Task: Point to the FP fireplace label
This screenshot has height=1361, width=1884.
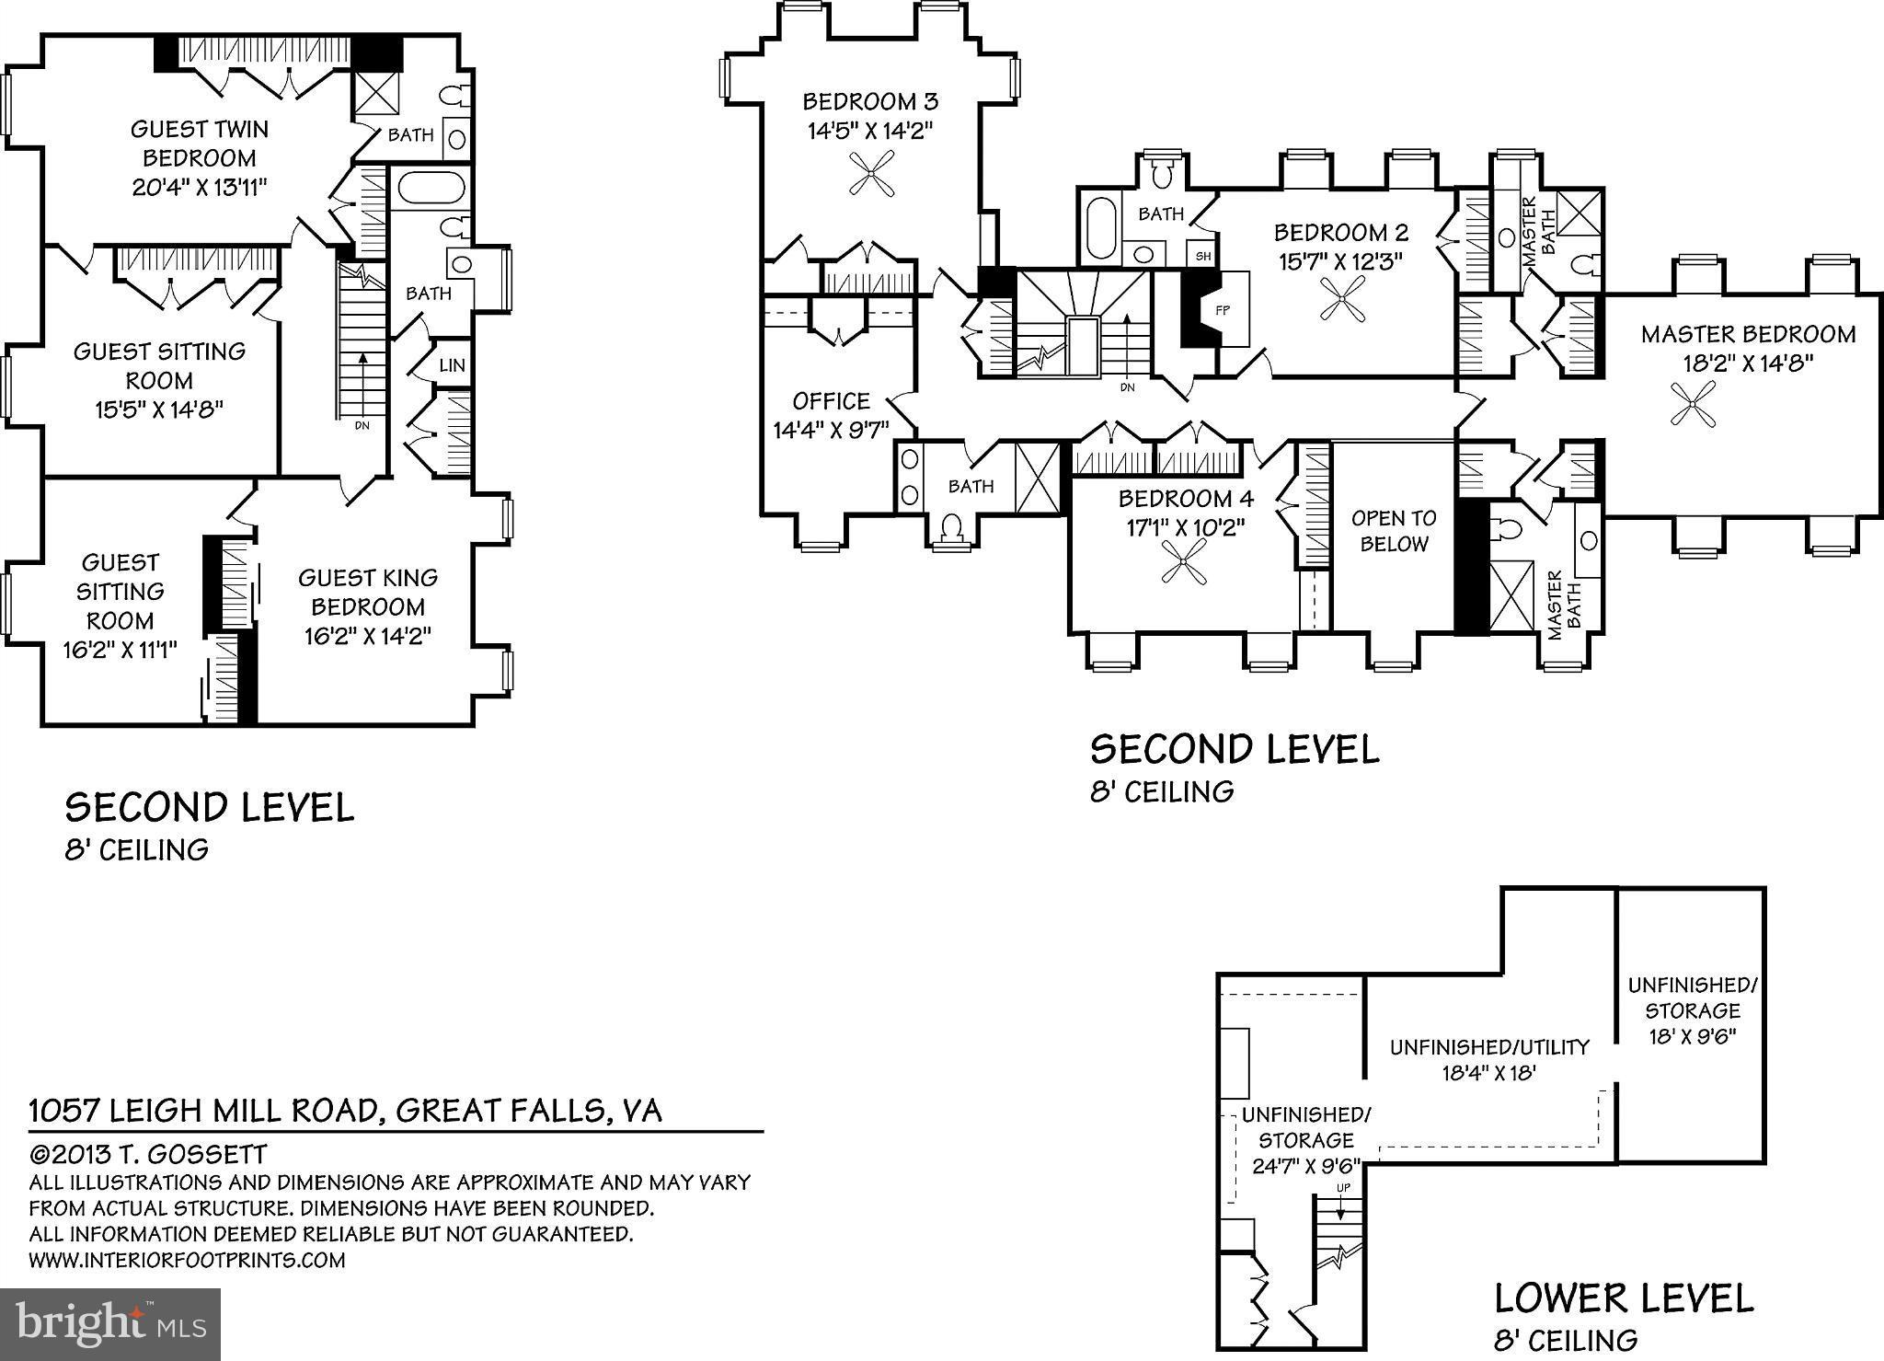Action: (1223, 311)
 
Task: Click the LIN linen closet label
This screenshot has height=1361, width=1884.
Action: (452, 366)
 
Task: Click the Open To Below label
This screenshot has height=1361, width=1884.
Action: (1394, 531)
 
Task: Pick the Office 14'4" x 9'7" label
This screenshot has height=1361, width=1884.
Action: (831, 415)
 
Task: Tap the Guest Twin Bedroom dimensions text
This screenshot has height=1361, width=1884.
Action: (200, 188)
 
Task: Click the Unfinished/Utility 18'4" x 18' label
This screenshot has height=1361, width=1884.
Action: (1488, 1059)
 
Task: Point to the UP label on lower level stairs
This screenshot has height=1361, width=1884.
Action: (1343, 1188)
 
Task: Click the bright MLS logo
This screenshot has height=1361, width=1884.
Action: (110, 1323)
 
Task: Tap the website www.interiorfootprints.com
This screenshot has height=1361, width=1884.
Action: (187, 1260)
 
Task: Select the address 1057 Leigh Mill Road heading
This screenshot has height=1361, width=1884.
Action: (345, 1111)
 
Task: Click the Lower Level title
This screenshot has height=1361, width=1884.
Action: (1623, 1298)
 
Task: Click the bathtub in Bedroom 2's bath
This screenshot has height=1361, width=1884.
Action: (1100, 227)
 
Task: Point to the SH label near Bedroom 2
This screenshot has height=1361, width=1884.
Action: (1203, 257)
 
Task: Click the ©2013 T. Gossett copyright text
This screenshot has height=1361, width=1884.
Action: (148, 1155)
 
